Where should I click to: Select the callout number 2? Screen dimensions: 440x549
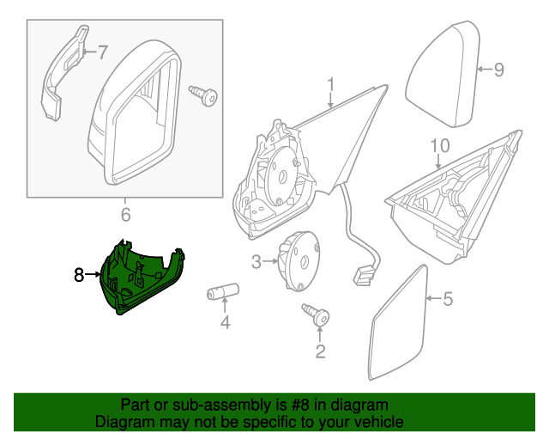point(320,351)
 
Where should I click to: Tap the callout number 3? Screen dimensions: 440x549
point(256,260)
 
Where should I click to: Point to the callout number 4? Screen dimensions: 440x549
point(226,324)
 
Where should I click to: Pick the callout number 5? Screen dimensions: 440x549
point(446,299)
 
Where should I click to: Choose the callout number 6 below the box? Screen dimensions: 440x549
point(125,213)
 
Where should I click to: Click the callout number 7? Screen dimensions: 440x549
point(102,53)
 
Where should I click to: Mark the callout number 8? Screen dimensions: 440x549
point(78,275)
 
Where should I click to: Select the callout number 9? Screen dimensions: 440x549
point(499,70)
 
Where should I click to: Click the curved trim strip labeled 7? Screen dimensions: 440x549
point(63,73)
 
